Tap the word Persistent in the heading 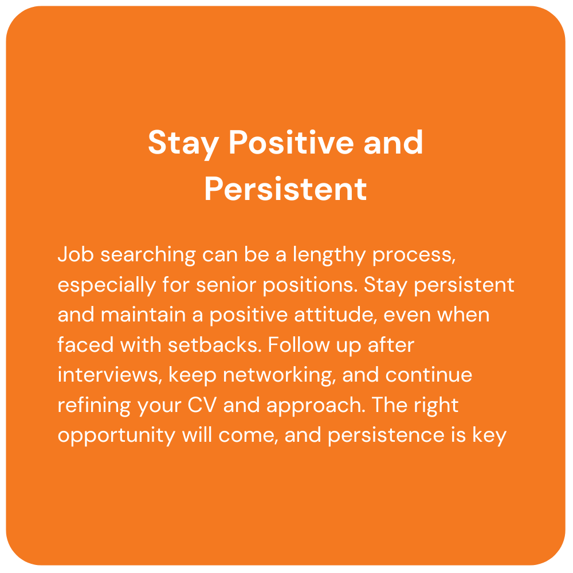285,189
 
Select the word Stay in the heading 183,143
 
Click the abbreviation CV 200,405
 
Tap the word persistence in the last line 384,435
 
